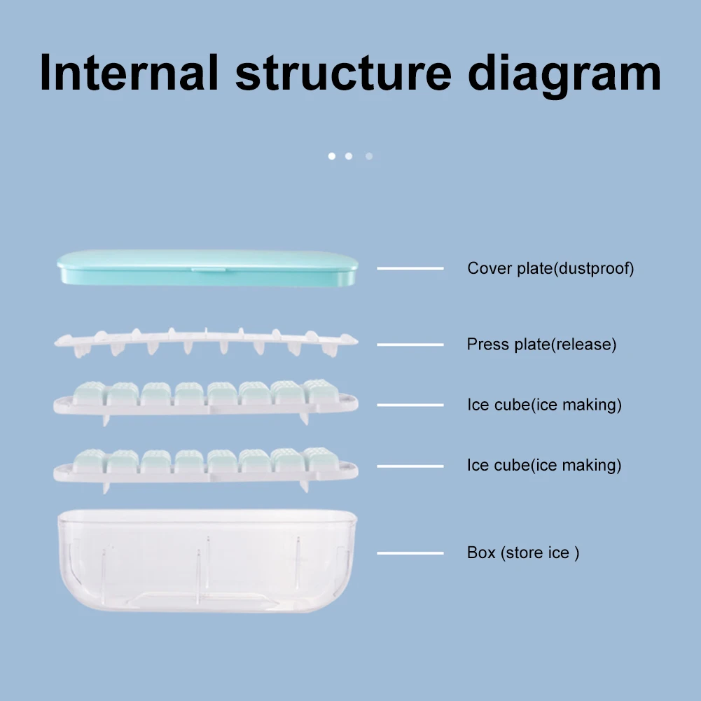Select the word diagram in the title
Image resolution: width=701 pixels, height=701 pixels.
564,74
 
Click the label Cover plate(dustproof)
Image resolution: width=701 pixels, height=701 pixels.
550,268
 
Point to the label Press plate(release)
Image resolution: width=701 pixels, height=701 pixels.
541,345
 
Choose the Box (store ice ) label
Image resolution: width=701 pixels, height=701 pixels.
523,553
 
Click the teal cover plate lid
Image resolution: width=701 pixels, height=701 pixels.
207,268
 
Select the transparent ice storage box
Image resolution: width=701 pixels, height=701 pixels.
207,560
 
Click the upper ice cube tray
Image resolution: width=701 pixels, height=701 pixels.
207,399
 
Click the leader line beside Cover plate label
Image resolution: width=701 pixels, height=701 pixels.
410,268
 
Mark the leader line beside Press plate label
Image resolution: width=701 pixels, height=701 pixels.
410,345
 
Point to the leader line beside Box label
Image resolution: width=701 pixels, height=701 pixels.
410,553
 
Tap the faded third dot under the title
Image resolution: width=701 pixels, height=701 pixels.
369,155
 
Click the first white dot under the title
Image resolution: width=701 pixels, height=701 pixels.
332,155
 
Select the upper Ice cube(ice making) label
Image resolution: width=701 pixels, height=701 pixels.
544,405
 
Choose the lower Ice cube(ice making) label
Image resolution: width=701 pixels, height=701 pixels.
544,466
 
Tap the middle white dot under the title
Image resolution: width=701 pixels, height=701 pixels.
349,155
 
